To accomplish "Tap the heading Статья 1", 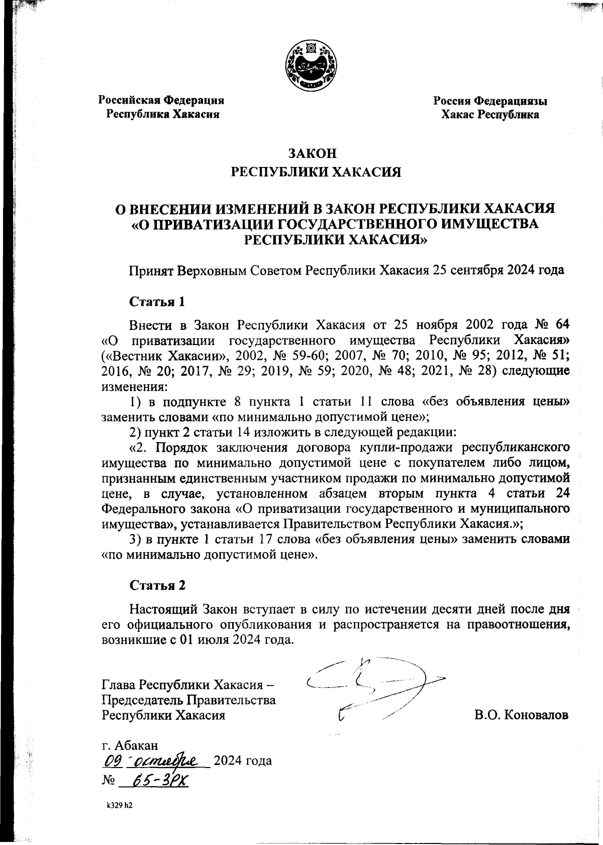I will coord(157,302).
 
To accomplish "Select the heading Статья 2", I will coord(158,585).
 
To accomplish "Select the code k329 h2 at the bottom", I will coord(119,805).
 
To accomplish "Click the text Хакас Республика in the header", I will coord(490,115).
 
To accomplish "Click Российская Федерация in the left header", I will coord(161,100).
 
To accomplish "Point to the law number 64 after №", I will coord(563,322).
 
